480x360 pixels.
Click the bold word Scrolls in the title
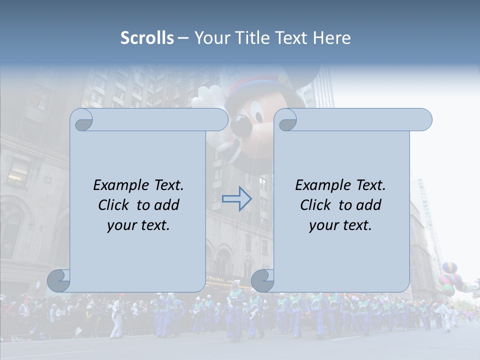(x=147, y=38)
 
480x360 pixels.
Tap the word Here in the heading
(x=332, y=38)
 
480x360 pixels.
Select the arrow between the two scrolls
(x=236, y=199)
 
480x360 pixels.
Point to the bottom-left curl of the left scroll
(x=58, y=281)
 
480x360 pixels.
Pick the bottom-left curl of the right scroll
(x=262, y=281)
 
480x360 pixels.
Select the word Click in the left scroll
(x=114, y=205)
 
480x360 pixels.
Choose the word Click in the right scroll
(x=316, y=205)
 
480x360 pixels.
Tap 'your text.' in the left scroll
(x=138, y=225)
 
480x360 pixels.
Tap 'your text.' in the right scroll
(x=340, y=225)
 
